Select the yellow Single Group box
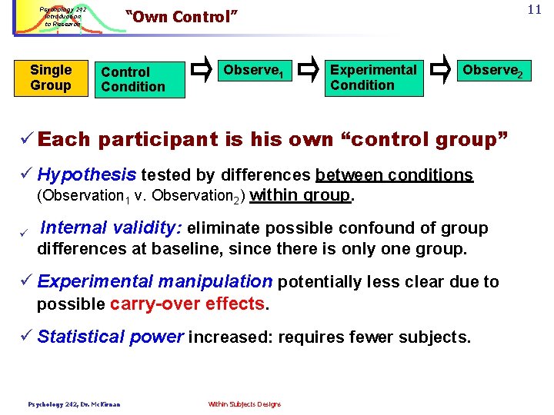(51, 78)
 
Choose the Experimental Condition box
(373, 78)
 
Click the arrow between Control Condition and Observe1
(202, 71)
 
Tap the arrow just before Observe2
(441, 71)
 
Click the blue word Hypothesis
(86, 174)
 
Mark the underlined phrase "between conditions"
(394, 175)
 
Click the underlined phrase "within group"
(300, 195)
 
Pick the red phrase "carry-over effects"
(187, 304)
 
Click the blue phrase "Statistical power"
(111, 337)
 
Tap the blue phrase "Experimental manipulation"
(155, 282)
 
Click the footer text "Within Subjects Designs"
(244, 404)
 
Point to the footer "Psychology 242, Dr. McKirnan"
(74, 404)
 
